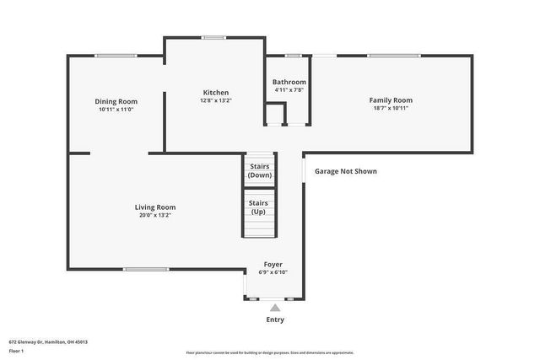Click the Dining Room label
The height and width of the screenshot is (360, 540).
coord(116,101)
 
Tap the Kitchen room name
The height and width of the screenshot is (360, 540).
coord(215,93)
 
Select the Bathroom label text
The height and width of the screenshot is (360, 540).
coord(289,82)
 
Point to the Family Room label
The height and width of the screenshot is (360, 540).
coord(391,100)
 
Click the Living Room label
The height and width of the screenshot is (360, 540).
coord(155,207)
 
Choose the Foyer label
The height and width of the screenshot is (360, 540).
coord(273,264)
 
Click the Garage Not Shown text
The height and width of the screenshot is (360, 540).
coord(346,171)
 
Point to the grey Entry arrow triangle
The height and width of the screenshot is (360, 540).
coord(275,309)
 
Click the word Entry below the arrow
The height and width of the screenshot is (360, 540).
coord(275,320)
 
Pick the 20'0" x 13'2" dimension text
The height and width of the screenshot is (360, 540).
coord(155,215)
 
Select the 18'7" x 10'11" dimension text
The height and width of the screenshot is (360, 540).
coord(391,108)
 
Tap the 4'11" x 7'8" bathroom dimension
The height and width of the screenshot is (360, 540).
coord(289,89)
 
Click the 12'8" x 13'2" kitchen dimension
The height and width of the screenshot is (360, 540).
coord(215,100)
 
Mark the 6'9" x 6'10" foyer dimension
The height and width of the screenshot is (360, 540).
coord(273,272)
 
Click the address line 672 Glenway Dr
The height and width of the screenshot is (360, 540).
coord(48,341)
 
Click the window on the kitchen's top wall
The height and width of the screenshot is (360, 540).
coord(213,37)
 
